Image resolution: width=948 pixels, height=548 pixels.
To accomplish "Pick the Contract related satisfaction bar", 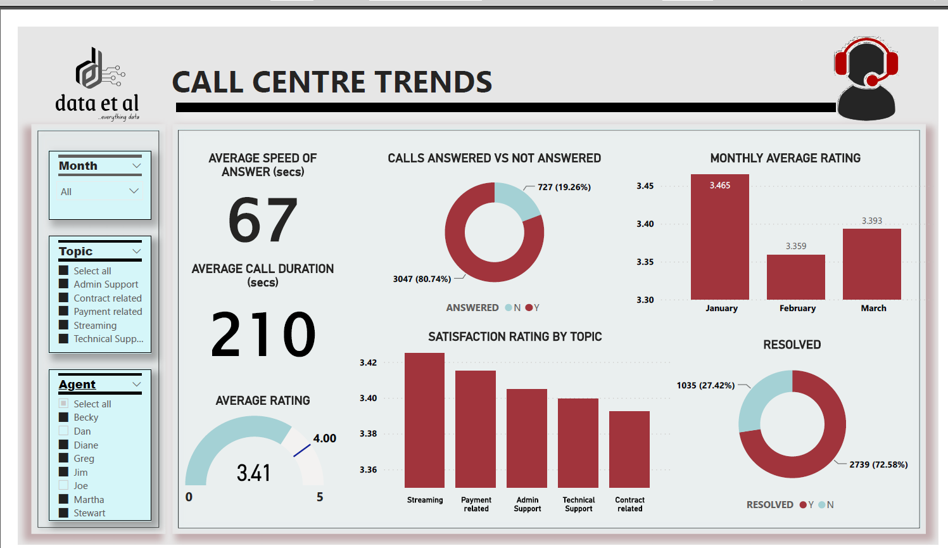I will [x=629, y=449].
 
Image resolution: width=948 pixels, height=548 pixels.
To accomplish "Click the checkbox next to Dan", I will [x=63, y=431].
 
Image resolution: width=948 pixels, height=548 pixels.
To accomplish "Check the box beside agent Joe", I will [x=63, y=486].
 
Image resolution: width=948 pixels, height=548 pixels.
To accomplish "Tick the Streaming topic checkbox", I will [x=63, y=326].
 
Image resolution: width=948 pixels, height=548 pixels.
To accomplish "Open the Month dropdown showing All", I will [x=100, y=191].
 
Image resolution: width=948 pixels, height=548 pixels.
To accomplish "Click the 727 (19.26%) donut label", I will [x=564, y=187].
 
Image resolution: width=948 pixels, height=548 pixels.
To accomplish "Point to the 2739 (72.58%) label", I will [x=878, y=464].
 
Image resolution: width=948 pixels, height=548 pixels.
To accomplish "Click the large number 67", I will [x=263, y=220].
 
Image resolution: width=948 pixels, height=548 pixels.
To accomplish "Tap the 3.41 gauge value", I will [x=253, y=473].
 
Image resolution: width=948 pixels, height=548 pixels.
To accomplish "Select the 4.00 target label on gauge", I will [x=324, y=438].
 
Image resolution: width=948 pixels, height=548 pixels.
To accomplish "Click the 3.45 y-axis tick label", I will [x=645, y=186].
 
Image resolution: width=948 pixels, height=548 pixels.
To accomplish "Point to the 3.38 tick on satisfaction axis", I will [x=368, y=433].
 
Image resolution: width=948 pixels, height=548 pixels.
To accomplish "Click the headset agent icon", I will [x=866, y=79].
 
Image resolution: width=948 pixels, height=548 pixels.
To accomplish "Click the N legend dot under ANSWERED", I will [x=509, y=308].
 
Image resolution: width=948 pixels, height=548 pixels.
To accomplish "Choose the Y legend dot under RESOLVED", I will [x=803, y=505].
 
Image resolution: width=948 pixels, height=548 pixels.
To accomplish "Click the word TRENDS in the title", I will [x=433, y=82].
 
